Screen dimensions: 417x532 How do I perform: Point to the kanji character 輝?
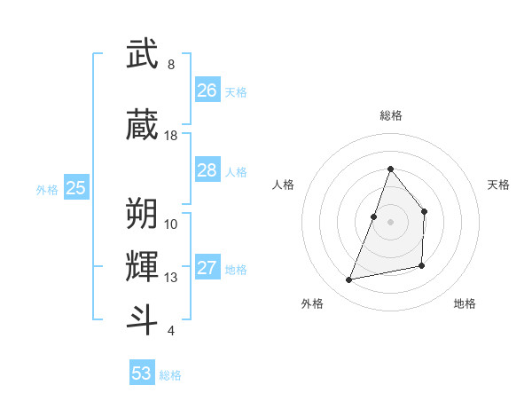click(x=143, y=265)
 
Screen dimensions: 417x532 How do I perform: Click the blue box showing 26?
click(x=207, y=90)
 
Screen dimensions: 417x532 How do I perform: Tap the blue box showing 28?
click(x=207, y=170)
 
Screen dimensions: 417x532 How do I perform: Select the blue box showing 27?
click(x=207, y=268)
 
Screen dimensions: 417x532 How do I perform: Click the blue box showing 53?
click(x=142, y=374)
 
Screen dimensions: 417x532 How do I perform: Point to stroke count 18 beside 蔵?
click(x=171, y=136)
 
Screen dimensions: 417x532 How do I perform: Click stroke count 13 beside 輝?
click(x=171, y=278)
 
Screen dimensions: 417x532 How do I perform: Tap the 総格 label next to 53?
click(x=170, y=375)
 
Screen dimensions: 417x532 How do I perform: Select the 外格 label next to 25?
click(x=47, y=189)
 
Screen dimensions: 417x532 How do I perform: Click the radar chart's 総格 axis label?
click(x=390, y=115)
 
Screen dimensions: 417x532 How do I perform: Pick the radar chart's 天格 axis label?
click(x=499, y=185)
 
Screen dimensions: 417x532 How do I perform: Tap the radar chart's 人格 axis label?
click(x=284, y=185)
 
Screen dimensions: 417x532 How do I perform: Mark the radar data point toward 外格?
click(x=349, y=280)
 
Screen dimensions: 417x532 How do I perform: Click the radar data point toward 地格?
click(x=422, y=266)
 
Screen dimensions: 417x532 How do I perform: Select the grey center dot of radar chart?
click(x=390, y=222)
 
